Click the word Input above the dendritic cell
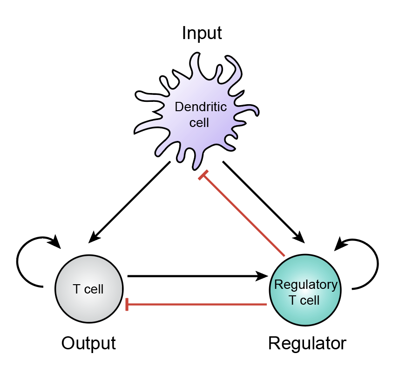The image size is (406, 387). [202, 33]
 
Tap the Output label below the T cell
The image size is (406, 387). [88, 343]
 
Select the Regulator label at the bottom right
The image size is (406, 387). [307, 343]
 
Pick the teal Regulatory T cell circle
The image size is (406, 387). [305, 307]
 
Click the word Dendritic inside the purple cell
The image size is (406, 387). [201, 107]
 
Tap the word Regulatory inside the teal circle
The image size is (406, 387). [305, 284]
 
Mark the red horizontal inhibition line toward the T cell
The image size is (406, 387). [196, 305]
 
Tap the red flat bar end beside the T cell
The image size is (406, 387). [127, 305]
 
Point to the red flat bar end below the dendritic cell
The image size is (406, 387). [203, 176]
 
